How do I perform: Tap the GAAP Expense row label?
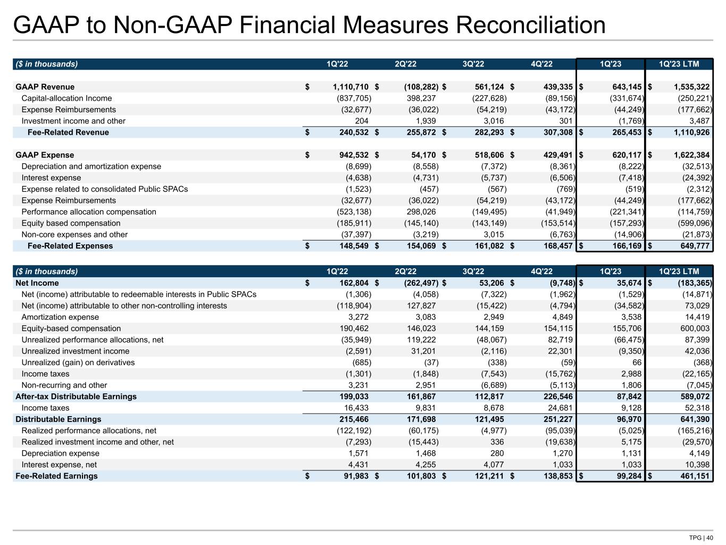(x=45, y=155)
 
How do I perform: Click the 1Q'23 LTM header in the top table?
(x=678, y=64)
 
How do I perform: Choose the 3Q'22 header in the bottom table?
(x=473, y=271)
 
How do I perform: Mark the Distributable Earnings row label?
(x=58, y=419)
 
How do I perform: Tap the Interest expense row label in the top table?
(x=51, y=178)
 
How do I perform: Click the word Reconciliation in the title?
(x=511, y=25)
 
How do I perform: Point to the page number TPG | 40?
(x=701, y=538)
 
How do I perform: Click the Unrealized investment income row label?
(x=75, y=351)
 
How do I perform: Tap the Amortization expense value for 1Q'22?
(x=357, y=317)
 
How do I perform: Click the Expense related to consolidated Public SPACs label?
(x=104, y=189)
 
